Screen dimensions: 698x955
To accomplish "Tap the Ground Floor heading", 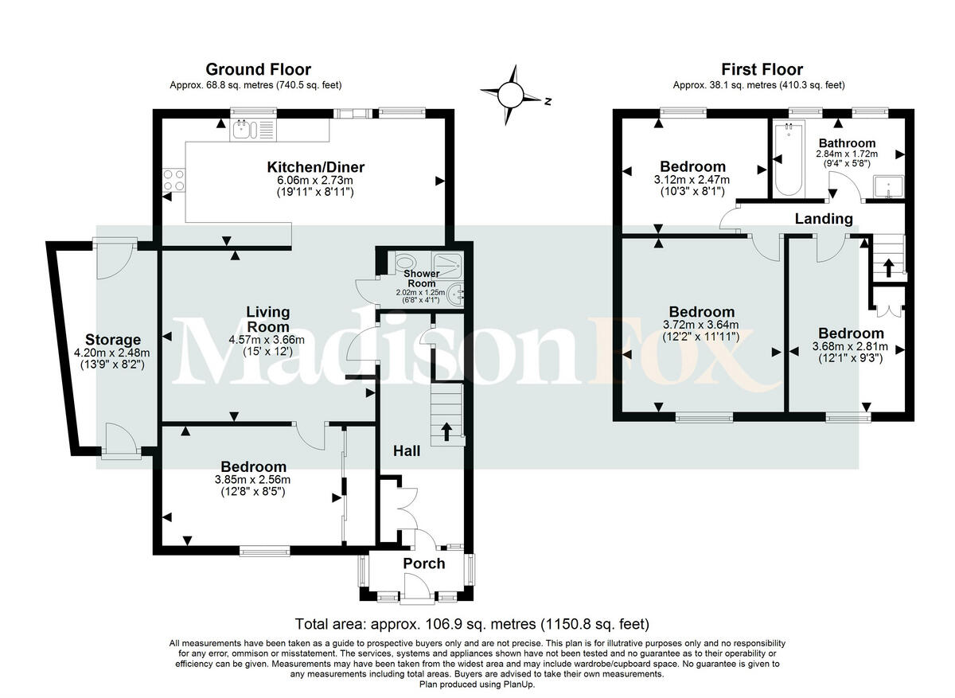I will [x=258, y=70].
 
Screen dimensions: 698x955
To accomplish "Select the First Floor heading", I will [x=762, y=70].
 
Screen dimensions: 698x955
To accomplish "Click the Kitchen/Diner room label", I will [x=315, y=167].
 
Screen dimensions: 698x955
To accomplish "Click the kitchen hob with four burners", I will [x=173, y=181].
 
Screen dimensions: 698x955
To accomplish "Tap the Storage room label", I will [x=113, y=340].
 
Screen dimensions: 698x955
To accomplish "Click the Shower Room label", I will [x=423, y=279].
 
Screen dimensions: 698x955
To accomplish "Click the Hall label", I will [x=407, y=451].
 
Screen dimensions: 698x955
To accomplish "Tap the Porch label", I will [x=423, y=563].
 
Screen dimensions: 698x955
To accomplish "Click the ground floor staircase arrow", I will [x=446, y=431].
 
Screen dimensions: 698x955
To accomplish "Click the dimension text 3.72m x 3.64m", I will [x=702, y=325].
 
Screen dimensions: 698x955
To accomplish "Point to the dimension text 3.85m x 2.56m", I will [x=252, y=480].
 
